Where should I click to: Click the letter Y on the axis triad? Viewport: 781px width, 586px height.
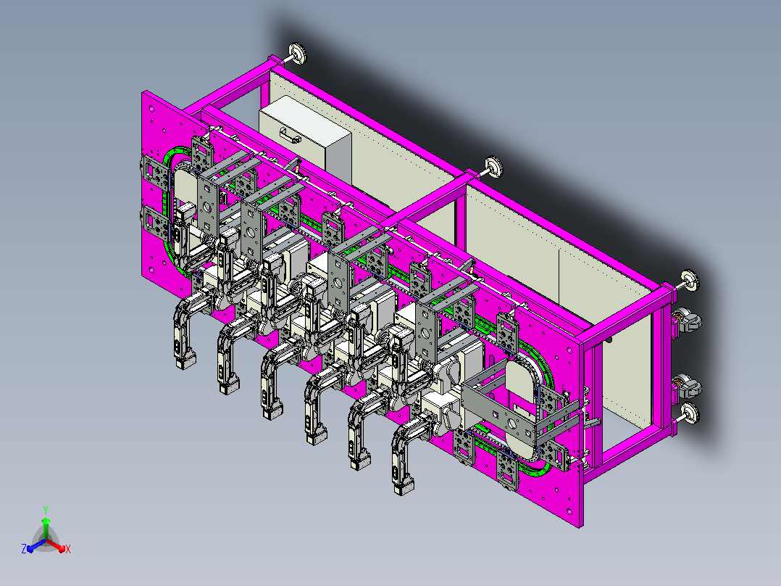coord(46,510)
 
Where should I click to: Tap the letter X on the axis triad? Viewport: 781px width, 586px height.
coord(68,549)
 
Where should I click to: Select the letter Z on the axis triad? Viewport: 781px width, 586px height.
coord(24,549)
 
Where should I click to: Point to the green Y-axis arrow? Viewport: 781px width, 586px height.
coord(46,529)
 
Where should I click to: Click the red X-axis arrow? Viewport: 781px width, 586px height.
coord(56,545)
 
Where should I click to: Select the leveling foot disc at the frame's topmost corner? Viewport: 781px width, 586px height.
coord(298,54)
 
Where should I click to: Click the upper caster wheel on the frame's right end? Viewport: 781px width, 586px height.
coord(688,320)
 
